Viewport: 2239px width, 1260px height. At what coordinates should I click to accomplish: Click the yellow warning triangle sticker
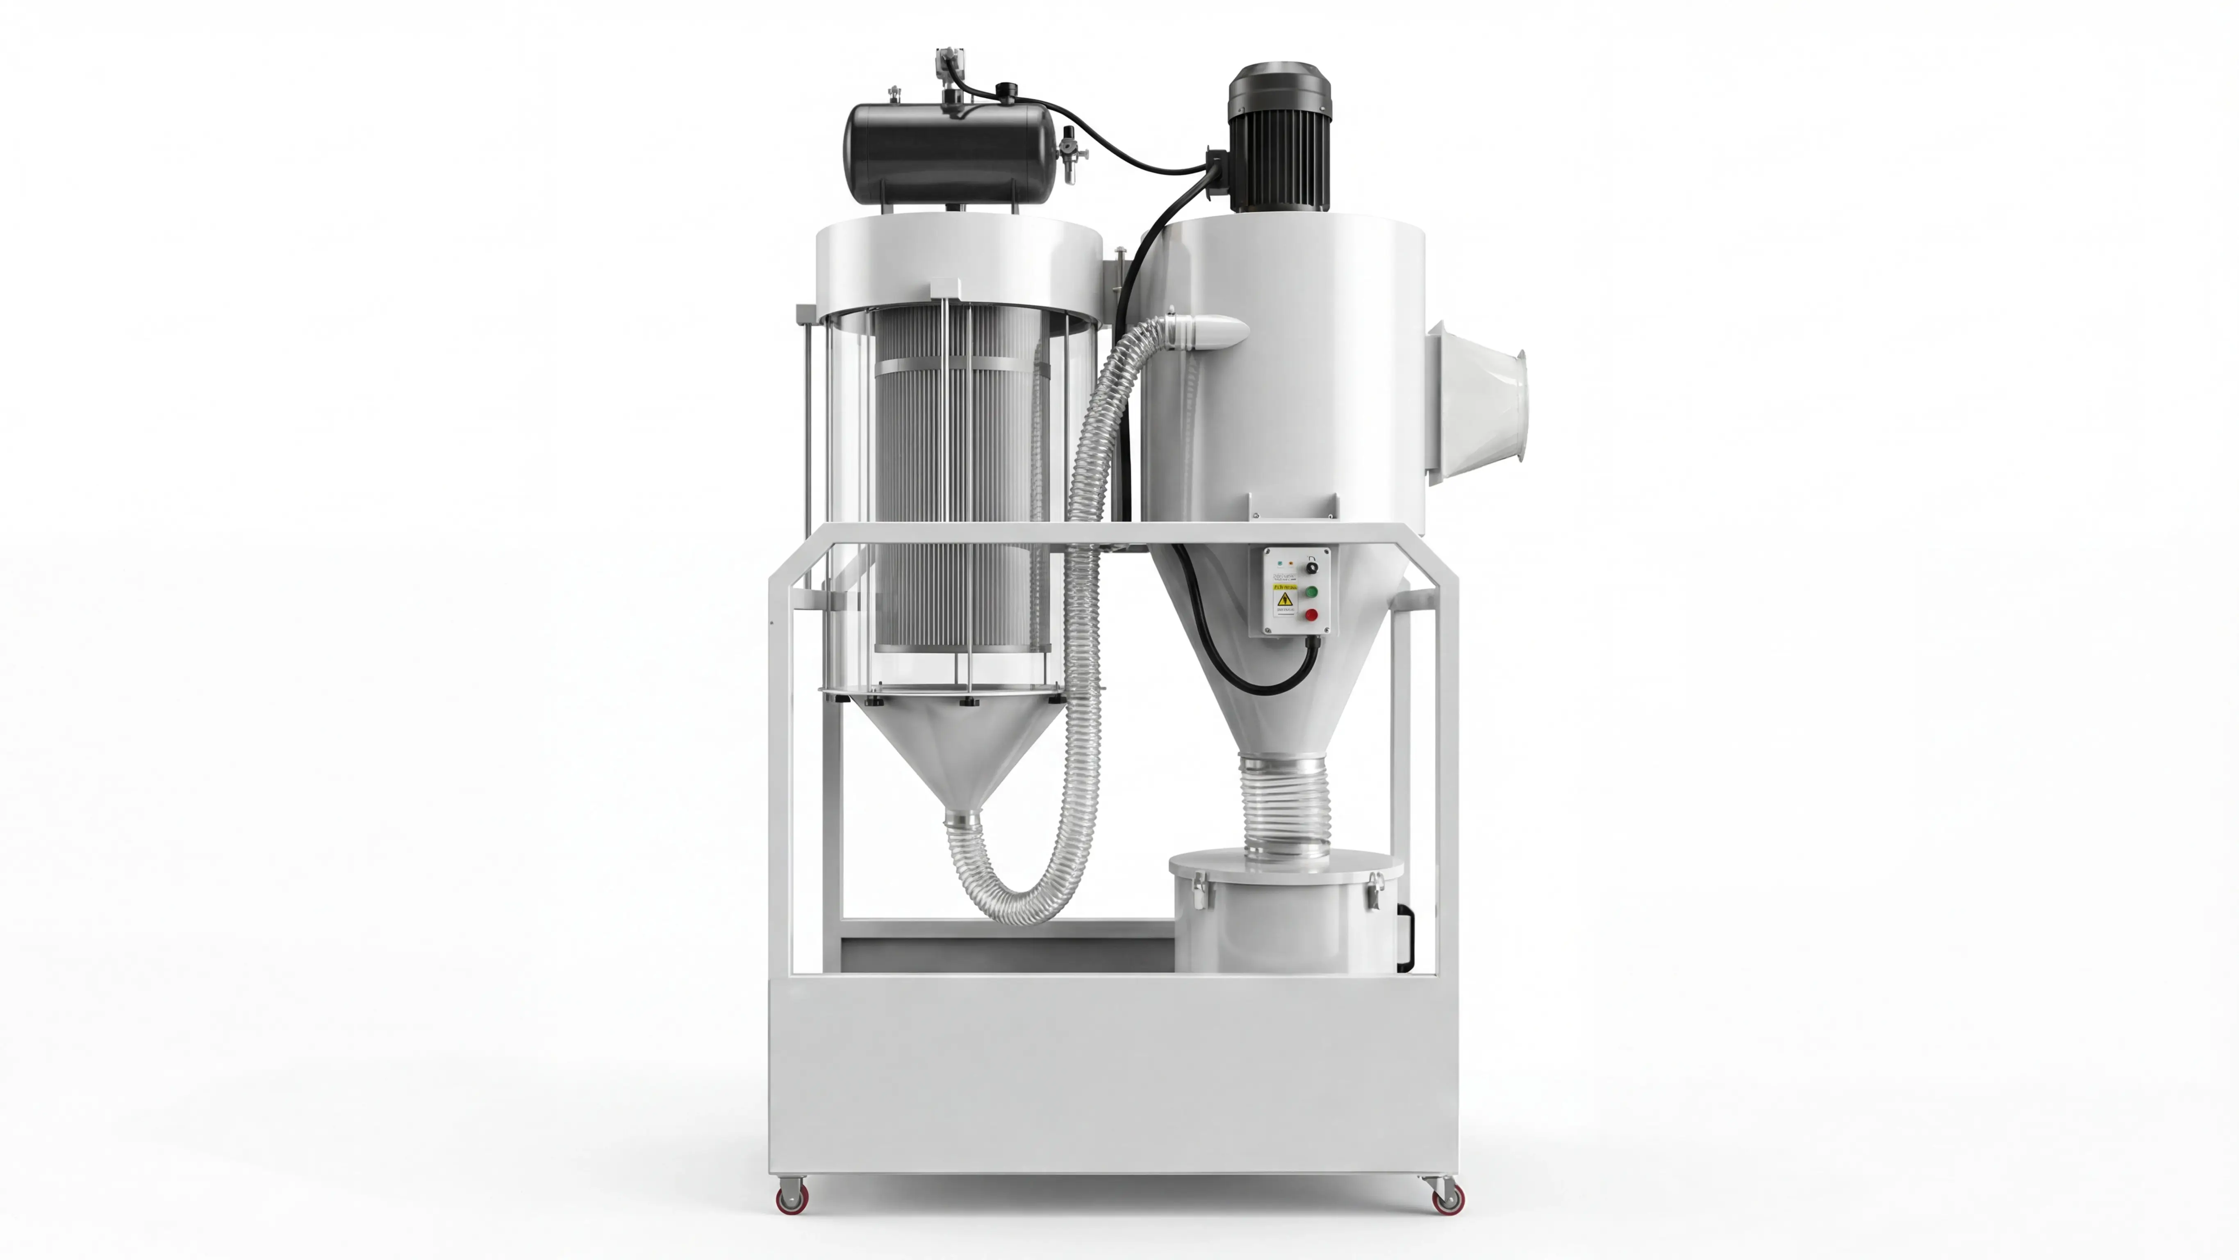click(x=1286, y=600)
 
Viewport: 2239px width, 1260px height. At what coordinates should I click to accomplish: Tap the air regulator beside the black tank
click(x=1068, y=152)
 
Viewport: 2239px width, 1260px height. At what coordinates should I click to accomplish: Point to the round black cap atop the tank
click(x=1007, y=89)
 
